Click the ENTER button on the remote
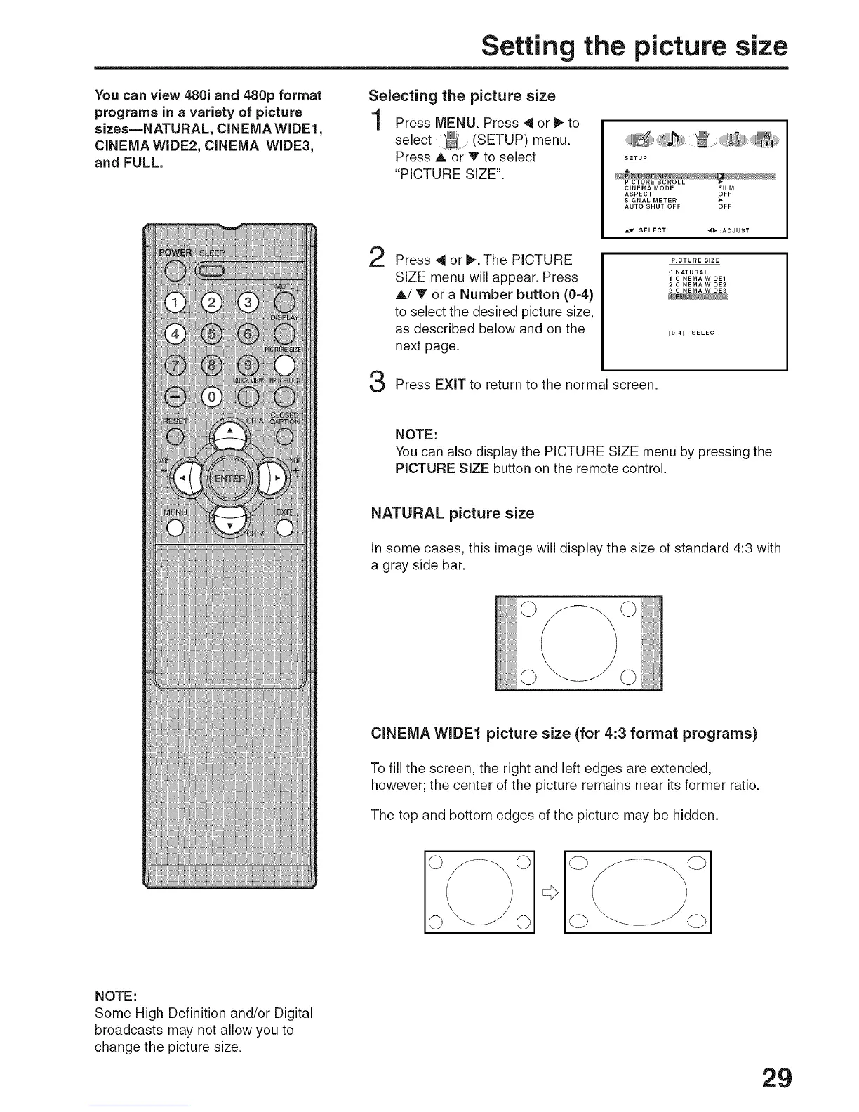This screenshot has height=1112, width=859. [230, 479]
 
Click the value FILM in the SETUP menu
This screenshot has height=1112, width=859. [726, 188]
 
